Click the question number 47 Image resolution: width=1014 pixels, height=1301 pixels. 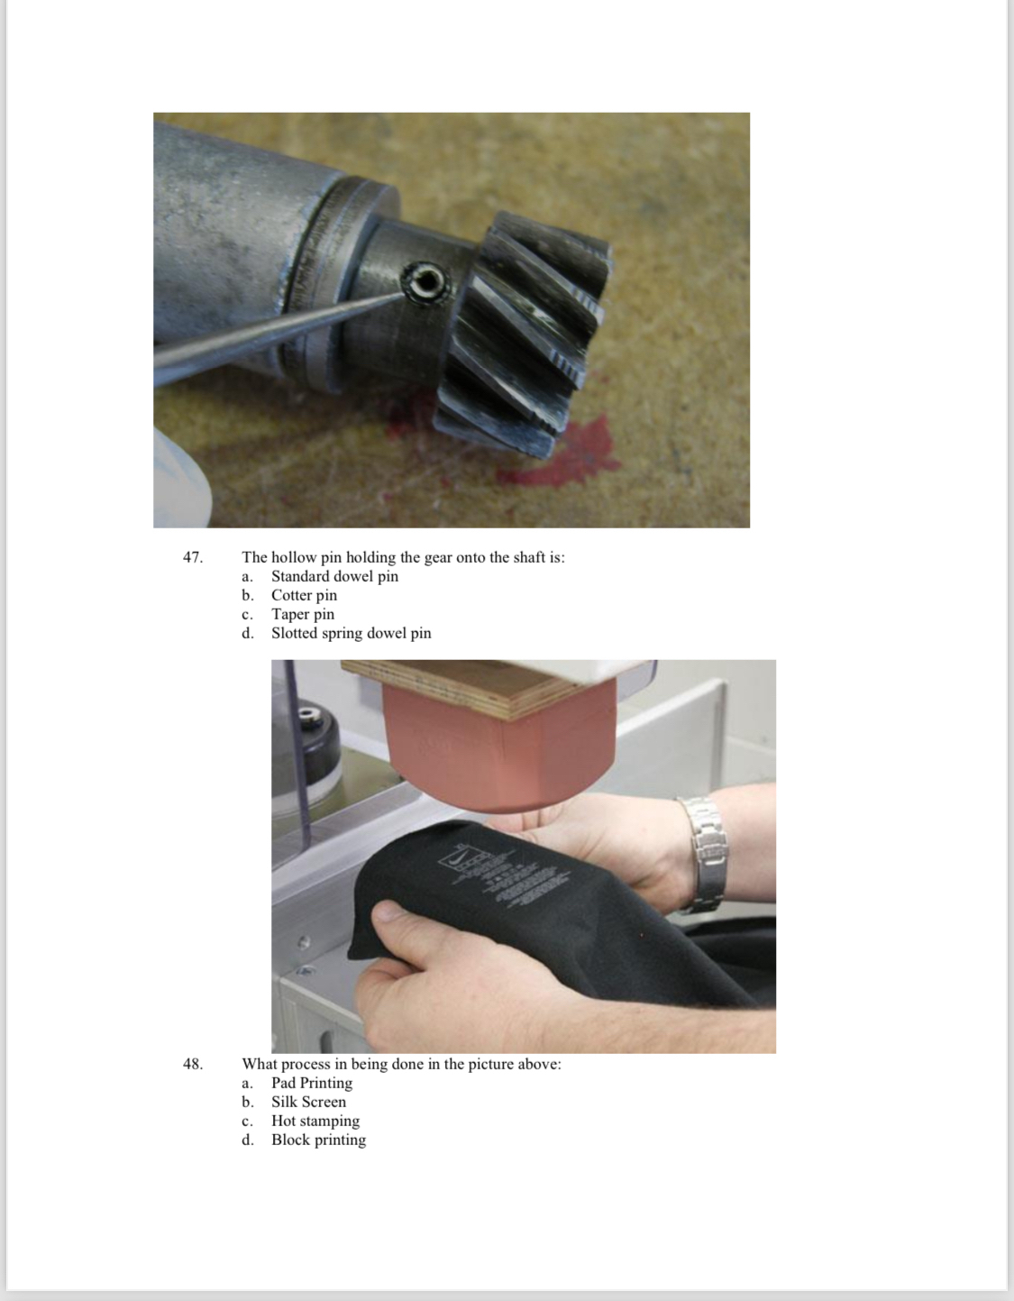193,557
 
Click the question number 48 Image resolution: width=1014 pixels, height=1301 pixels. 193,1065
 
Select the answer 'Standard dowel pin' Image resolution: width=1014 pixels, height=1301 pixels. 334,576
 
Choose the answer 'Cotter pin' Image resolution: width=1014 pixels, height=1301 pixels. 304,595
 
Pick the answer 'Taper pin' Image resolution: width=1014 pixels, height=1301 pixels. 303,614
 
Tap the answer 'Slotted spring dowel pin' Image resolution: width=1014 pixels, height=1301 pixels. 352,633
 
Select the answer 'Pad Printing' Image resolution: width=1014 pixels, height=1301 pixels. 312,1083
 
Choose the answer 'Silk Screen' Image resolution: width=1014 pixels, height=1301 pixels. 308,1102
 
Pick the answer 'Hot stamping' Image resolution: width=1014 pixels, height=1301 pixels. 315,1121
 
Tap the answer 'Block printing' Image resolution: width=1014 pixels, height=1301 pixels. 318,1140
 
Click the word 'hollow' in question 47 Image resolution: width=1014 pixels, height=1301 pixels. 295,557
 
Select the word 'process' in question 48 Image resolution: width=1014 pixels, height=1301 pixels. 305,1065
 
